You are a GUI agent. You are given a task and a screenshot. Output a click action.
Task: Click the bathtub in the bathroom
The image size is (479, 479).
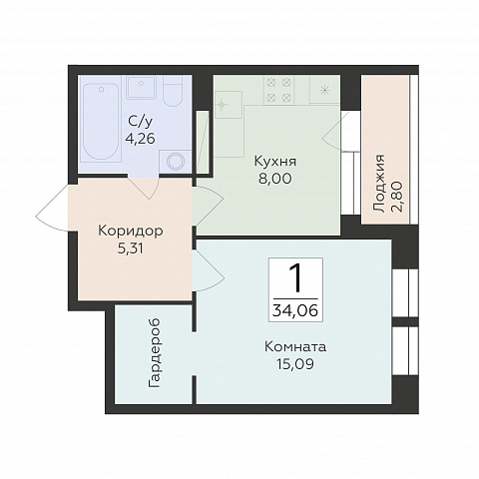[101, 122]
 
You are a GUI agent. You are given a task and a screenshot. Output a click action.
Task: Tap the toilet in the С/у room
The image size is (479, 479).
[173, 91]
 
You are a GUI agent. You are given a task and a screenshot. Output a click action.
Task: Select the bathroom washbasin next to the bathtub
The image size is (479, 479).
[142, 87]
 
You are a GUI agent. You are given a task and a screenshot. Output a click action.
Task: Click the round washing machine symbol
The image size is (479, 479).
[176, 162]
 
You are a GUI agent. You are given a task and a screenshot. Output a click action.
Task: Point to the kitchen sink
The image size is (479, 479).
[229, 105]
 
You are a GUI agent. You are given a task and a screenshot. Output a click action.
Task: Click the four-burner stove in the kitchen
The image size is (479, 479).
[279, 89]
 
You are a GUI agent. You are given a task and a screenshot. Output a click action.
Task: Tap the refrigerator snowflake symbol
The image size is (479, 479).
[324, 90]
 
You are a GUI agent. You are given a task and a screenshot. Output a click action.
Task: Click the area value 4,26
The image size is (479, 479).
[140, 139]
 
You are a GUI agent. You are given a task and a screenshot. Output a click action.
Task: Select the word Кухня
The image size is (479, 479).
[275, 162]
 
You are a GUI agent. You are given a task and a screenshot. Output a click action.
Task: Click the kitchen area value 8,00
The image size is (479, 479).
[275, 179]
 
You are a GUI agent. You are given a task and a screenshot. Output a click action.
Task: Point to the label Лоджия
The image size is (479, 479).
[379, 184]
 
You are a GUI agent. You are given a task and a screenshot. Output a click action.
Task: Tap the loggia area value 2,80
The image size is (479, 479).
[397, 197]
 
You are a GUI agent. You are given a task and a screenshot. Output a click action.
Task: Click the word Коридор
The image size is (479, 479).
[131, 231]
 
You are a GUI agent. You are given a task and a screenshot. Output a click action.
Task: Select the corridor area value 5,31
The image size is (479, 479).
[131, 248]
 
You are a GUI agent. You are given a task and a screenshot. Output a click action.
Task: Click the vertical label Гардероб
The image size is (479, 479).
[155, 353]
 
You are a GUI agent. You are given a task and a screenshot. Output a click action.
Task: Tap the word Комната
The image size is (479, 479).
[295, 347]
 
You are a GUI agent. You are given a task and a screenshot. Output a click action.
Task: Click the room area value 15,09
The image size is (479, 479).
[295, 364]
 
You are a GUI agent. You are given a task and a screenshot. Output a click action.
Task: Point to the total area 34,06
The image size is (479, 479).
[295, 311]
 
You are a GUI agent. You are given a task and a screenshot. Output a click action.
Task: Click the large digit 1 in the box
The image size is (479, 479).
[295, 278]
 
